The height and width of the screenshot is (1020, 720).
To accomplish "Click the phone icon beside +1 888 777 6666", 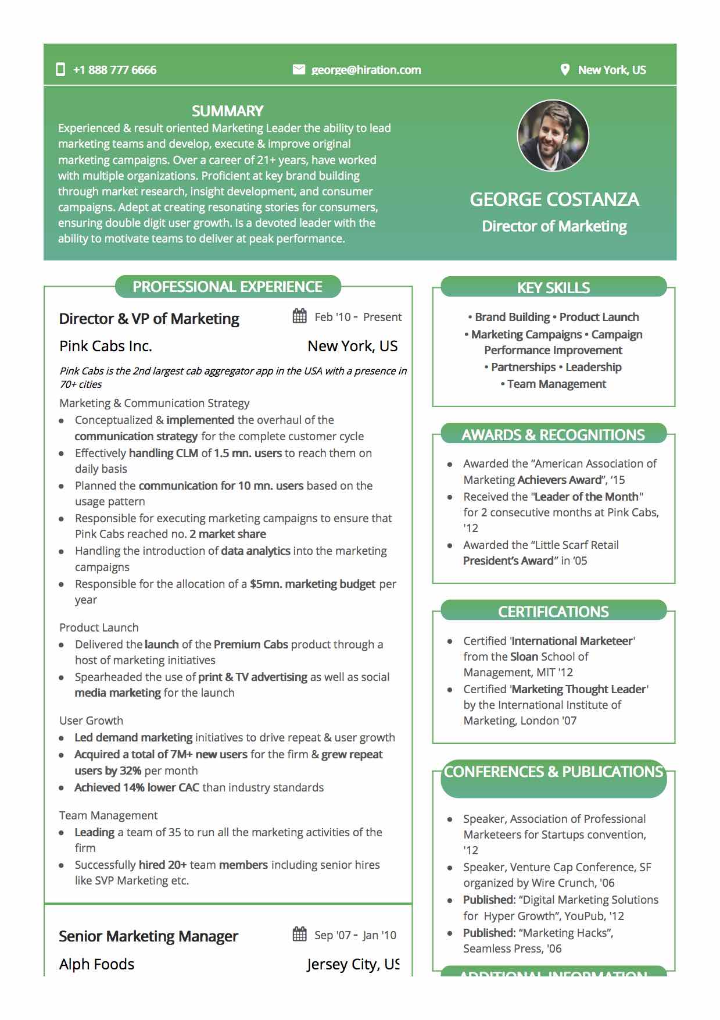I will [60, 70].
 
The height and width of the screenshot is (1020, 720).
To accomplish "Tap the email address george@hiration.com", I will [366, 70].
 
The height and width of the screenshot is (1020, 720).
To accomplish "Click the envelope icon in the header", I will [299, 70].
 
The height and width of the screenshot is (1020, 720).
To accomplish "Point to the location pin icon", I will [565, 70].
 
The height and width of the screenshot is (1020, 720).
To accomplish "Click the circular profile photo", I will [553, 135].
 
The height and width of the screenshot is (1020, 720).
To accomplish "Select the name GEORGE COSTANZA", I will [554, 199].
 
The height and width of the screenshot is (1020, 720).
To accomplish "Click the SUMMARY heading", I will [227, 111].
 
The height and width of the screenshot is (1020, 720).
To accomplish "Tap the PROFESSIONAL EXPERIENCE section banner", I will [227, 287].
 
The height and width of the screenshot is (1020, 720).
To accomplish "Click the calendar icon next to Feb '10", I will [300, 316].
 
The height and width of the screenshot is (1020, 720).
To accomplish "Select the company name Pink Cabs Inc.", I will [106, 346].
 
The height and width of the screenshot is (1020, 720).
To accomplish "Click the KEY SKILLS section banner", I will [553, 287].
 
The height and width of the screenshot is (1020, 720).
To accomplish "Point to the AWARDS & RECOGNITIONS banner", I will [553, 434].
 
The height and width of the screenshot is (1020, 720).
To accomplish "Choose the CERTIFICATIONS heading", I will [553, 611].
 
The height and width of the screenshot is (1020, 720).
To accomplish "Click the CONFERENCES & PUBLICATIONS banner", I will [553, 772].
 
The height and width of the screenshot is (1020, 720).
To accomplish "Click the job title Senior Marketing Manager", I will [148, 936].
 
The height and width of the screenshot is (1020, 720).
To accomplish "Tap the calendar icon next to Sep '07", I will [300, 935].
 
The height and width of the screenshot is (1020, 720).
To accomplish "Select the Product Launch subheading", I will [99, 627].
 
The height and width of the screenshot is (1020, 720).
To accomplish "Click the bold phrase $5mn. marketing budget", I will [313, 584].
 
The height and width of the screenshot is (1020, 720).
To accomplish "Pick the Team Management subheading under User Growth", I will [108, 815].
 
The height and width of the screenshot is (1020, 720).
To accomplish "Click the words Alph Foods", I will [96, 964].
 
